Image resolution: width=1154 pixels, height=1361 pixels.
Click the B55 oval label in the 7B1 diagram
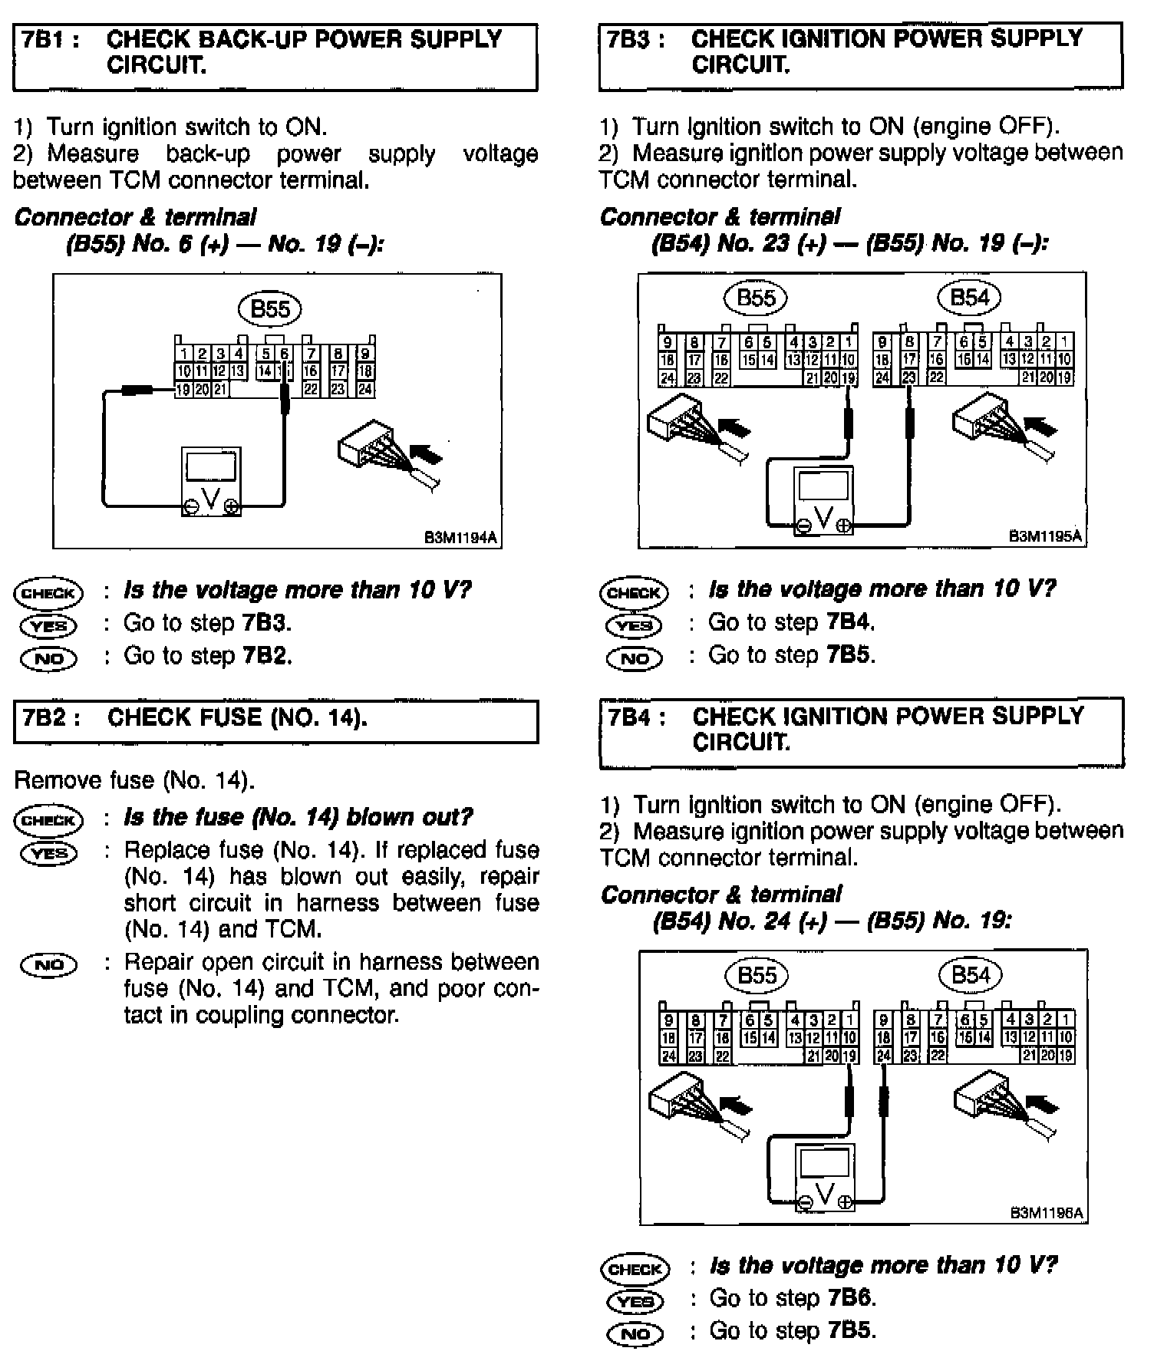(x=270, y=309)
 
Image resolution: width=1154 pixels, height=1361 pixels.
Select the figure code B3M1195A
(x=1045, y=536)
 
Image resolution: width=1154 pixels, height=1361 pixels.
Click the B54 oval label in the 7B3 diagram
(x=970, y=298)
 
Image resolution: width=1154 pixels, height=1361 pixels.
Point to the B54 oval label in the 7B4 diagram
(x=971, y=975)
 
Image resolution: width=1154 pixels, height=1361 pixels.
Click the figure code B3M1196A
(x=1046, y=1213)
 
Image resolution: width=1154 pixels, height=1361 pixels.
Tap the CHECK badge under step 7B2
(x=48, y=819)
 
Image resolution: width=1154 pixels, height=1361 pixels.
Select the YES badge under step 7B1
(x=48, y=626)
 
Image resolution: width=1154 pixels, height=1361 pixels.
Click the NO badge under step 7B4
(x=635, y=1334)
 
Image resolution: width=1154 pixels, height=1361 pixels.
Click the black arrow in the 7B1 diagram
(x=426, y=455)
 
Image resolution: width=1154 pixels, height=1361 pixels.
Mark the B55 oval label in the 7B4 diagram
(x=757, y=975)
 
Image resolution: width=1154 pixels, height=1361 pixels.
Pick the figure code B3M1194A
(x=460, y=538)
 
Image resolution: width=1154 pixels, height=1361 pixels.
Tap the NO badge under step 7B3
(x=634, y=658)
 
